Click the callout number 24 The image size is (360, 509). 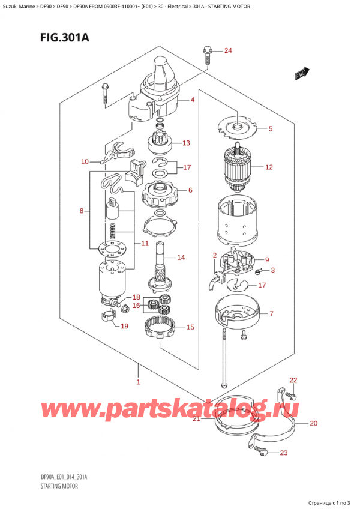(x=227, y=50)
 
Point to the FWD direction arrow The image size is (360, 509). (x=301, y=74)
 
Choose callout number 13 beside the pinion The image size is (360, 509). (x=186, y=143)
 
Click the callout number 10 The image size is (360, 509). (x=85, y=161)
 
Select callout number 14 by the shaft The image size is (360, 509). (x=181, y=258)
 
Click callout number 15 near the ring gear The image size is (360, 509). (x=190, y=327)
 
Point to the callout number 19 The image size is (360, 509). (x=125, y=327)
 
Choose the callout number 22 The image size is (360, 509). (x=293, y=380)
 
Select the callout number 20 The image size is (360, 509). (x=313, y=423)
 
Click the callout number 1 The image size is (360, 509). (x=138, y=382)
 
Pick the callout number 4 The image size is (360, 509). (x=193, y=100)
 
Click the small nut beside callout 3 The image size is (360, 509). (x=257, y=272)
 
